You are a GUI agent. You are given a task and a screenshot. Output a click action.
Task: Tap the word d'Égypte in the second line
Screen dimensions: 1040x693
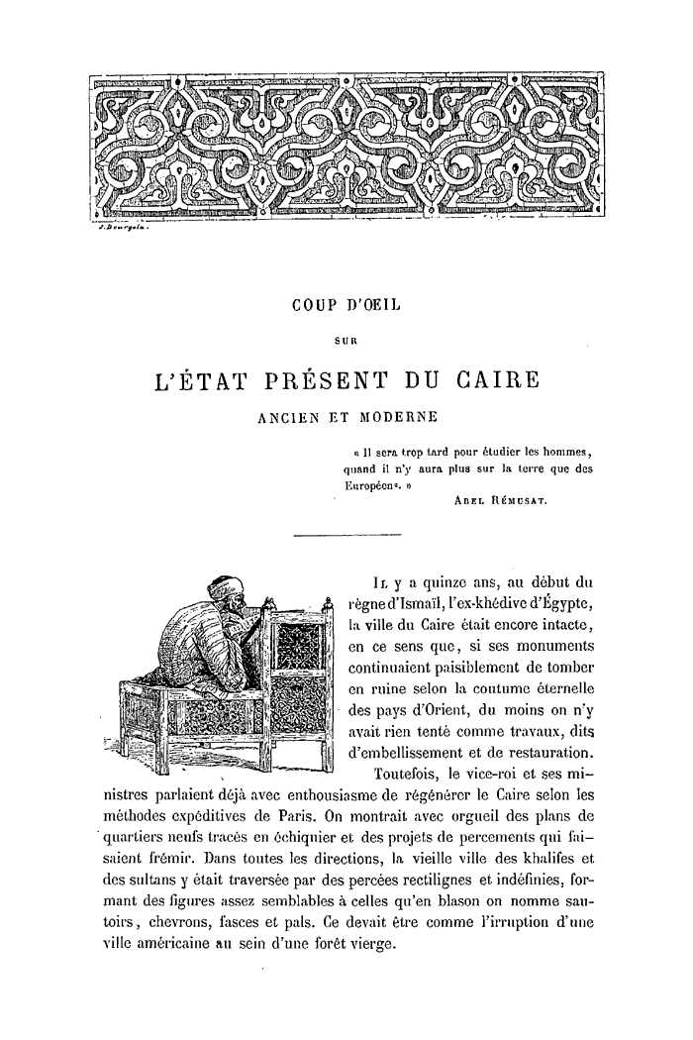click(554, 605)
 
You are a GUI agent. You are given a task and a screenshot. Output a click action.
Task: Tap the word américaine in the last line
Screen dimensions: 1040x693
click(181, 944)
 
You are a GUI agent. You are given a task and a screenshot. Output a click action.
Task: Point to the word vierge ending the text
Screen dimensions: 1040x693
click(367, 944)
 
